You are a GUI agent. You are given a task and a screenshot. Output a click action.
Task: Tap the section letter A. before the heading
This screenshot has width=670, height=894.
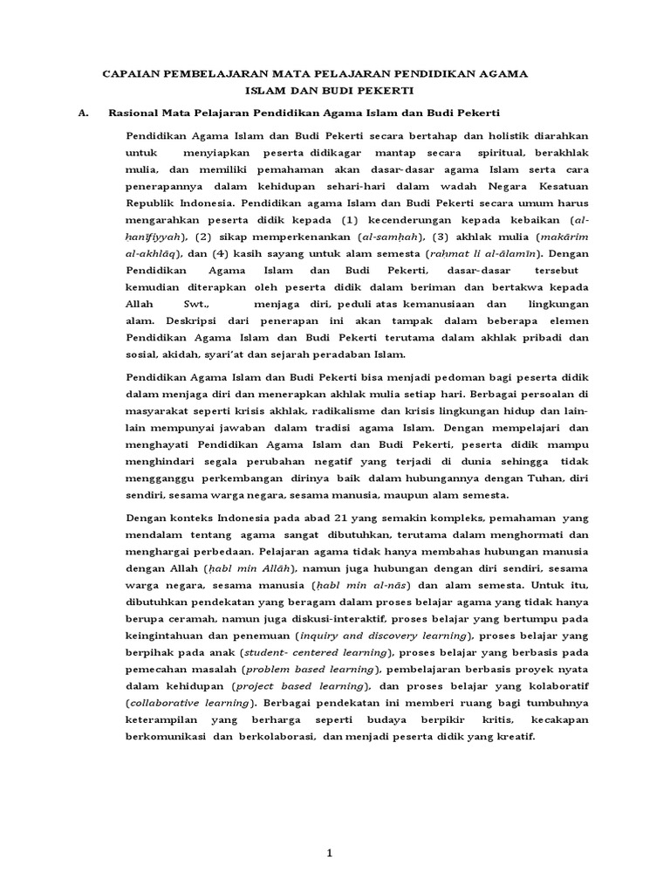point(84,113)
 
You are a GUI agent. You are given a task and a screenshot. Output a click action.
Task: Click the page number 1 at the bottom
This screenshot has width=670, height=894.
point(330,854)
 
